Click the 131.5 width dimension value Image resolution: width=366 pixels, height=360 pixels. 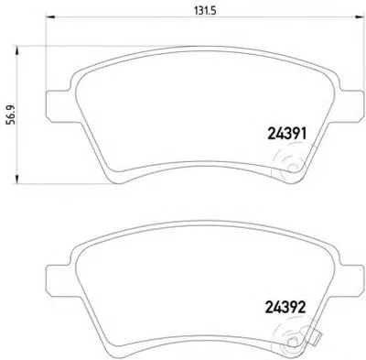point(205,11)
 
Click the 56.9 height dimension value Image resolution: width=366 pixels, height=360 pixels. point(11,115)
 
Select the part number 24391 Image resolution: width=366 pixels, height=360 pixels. point(286,134)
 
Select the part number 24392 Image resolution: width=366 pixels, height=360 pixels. point(285,308)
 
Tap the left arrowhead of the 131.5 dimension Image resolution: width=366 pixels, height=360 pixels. point(49,16)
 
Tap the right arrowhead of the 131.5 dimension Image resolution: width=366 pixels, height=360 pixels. point(360,16)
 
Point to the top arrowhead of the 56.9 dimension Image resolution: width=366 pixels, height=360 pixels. point(17,50)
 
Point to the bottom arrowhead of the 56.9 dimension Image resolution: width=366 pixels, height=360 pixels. point(17,180)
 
